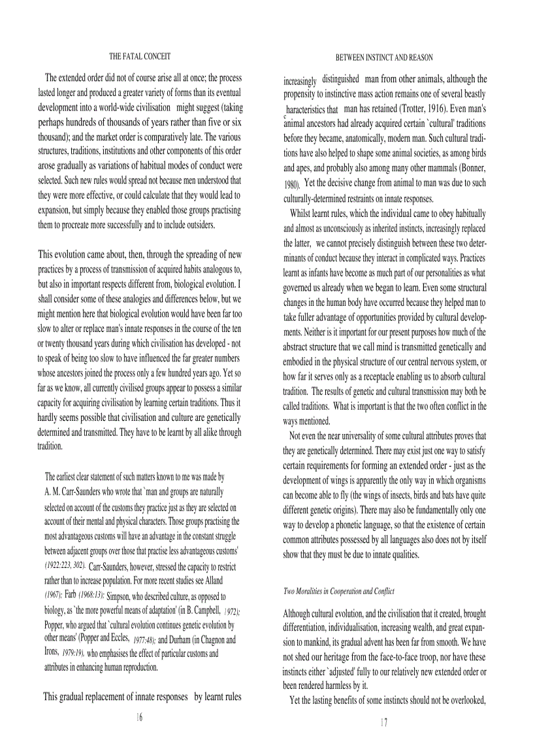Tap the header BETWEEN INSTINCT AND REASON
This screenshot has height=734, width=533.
pos(383,58)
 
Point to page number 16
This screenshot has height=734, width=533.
pos(138,717)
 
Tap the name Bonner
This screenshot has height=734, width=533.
pos(469,167)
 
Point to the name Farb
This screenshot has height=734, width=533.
pos(71,594)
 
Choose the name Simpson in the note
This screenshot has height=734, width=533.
pos(122,595)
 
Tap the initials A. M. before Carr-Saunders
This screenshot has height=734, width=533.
pos(52,491)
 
